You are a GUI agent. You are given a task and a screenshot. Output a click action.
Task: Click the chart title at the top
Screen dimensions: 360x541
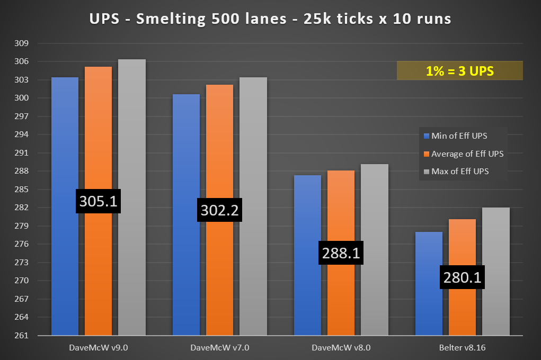click(x=270, y=20)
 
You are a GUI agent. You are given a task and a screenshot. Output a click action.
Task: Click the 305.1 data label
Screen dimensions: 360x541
click(x=99, y=201)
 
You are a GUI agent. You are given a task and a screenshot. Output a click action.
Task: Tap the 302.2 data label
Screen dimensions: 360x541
click(x=219, y=211)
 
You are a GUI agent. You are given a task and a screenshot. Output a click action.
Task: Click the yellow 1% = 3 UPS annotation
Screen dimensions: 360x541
click(x=459, y=71)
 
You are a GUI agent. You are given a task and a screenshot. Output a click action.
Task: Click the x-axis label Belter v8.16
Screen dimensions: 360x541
click(x=462, y=348)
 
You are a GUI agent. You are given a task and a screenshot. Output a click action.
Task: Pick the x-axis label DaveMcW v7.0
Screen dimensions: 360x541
click(x=219, y=348)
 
